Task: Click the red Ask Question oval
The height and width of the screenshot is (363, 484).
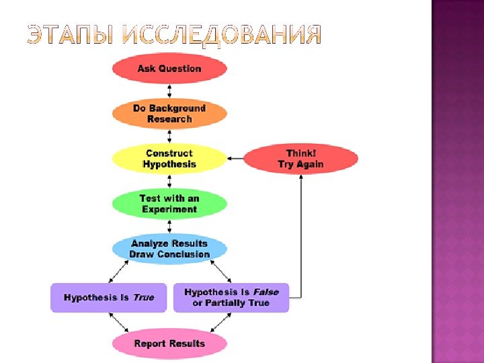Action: [169, 69]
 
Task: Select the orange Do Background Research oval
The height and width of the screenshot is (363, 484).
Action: [169, 114]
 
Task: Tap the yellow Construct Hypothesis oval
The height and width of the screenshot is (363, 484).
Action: [169, 159]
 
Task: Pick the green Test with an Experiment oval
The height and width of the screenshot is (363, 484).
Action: [169, 204]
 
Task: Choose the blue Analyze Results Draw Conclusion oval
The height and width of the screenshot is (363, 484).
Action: [169, 249]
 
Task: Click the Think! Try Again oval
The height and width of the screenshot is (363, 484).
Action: [300, 159]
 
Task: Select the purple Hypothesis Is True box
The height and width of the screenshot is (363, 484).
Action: [109, 297]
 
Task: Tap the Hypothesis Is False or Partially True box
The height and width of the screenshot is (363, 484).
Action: [231, 297]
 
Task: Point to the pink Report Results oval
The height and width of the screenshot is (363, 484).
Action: [169, 344]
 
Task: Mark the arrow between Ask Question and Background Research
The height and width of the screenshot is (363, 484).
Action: [169, 91]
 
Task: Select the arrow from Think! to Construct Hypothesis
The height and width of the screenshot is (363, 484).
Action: [235, 159]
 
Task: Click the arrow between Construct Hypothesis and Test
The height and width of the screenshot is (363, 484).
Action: [169, 182]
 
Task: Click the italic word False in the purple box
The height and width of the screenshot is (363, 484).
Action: [266, 292]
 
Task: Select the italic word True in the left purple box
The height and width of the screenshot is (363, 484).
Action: [143, 297]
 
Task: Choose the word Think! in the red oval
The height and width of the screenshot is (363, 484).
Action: [300, 153]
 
